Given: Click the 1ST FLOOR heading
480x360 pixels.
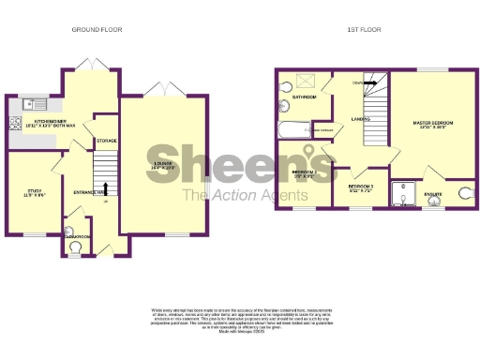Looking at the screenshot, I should pos(361,30).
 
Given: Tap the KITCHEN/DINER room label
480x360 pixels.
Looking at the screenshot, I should pos(49,122).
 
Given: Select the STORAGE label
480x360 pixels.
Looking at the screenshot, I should pos(106,141).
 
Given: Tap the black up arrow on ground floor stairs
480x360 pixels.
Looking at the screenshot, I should pos(105,188).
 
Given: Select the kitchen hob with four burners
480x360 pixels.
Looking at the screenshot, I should pos(15,123).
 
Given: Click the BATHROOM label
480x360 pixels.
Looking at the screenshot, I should pos(303,97).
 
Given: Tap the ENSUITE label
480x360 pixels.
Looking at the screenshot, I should pos(433,195).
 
